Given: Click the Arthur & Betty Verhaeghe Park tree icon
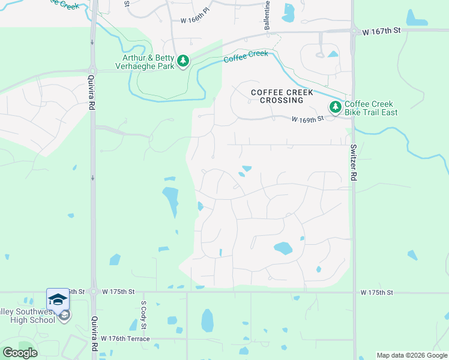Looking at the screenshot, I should point(183,61).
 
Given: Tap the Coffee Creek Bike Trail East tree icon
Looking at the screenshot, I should point(335,107).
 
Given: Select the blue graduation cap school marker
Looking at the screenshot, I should point(58,299).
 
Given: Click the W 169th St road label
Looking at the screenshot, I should point(307,119).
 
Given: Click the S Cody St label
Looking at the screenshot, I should point(143,315).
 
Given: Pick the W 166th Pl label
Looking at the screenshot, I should point(196,20).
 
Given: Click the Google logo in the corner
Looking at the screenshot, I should point(19,352).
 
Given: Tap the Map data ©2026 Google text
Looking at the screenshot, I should point(412,355).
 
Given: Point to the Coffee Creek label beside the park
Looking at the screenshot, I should point(246,58).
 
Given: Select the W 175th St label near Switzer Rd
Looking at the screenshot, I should point(376,292).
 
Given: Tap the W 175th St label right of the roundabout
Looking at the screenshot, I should point(118,292).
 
